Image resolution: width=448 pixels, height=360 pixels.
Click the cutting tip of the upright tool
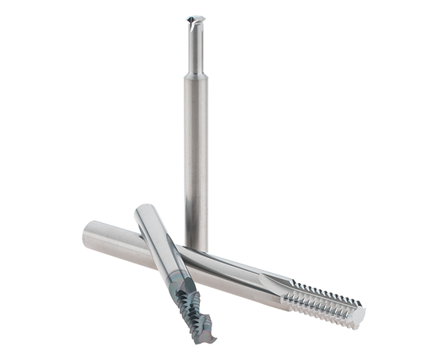pos(196,19)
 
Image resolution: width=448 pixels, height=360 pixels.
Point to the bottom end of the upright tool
pos(196,247)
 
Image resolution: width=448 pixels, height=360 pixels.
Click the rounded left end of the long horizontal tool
pos(88,233)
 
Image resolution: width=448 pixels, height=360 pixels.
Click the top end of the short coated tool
pos(144,211)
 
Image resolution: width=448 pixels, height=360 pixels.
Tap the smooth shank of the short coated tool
pos(159,245)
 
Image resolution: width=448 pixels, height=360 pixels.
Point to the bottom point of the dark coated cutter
pos(208,339)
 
